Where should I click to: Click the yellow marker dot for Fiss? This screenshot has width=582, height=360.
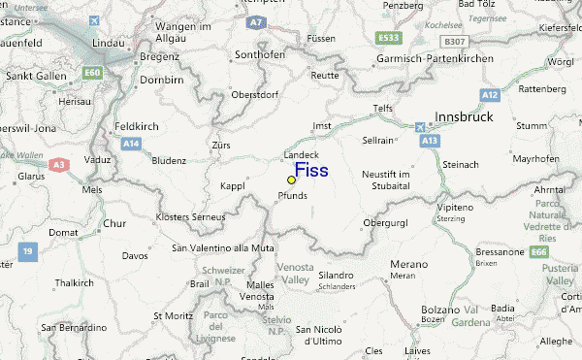[x=291, y=180]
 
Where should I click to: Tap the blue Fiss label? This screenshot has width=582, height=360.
[x=311, y=171]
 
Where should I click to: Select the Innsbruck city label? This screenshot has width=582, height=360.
[x=464, y=116]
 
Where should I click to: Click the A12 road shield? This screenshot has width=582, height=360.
[x=490, y=94]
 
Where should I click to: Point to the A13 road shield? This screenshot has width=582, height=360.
[x=429, y=141]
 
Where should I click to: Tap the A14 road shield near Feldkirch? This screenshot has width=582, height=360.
[x=130, y=143]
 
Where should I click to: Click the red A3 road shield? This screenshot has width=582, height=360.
[x=59, y=166]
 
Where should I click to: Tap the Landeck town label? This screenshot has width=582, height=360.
[x=301, y=155]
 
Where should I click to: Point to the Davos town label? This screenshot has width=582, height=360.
[x=135, y=256]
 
